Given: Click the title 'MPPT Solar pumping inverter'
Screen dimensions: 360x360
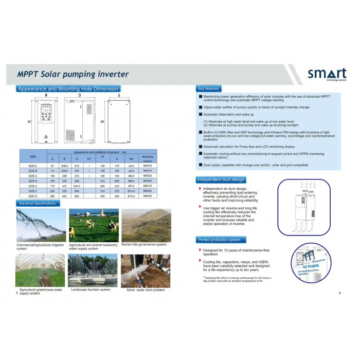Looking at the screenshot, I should coord(73,75).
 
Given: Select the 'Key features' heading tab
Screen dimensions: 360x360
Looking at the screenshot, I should coord(208,88).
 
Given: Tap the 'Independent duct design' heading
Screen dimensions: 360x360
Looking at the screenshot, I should coord(221,179).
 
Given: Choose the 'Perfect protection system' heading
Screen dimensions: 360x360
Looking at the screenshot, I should coord(219,240).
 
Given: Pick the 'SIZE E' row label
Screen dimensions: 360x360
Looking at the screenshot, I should coord(32,186).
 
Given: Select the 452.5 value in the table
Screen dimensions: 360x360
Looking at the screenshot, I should coord(77,186).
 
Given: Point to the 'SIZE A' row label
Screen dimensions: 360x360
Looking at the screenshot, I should coord(32,166).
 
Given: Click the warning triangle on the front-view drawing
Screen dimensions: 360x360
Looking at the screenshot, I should coord(46,136).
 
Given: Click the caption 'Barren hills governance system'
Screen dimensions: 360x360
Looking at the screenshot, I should coord(144,245).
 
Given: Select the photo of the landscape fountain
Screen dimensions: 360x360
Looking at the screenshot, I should coord(93,270).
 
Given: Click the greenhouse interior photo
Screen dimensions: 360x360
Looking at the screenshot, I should coord(41,270).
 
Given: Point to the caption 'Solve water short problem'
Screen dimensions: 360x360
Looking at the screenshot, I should coord(146,290).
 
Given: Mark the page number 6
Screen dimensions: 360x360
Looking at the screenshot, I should coord(339,293).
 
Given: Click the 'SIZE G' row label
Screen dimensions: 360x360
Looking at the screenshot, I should coord(32,196).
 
